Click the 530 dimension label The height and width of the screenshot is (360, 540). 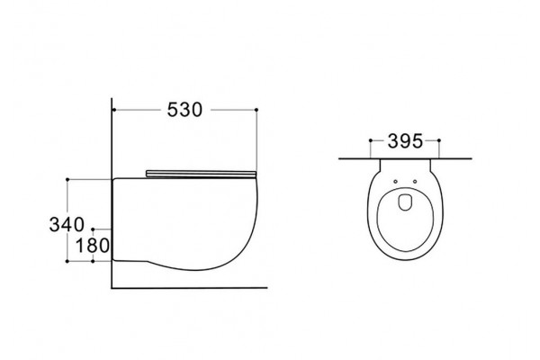click(184, 110)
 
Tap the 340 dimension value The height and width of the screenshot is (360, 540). click(67, 225)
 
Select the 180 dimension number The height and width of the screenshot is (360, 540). click(93, 246)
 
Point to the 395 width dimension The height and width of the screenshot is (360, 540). click(405, 141)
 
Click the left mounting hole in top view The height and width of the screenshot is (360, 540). click(395, 182)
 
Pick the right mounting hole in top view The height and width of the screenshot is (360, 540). click(415, 182)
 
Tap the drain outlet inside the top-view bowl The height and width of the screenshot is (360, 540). click(405, 202)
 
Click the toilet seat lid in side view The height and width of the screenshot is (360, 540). click(201, 174)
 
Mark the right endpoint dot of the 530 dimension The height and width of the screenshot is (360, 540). click(256, 110)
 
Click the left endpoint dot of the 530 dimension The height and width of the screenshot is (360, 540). click(113, 110)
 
